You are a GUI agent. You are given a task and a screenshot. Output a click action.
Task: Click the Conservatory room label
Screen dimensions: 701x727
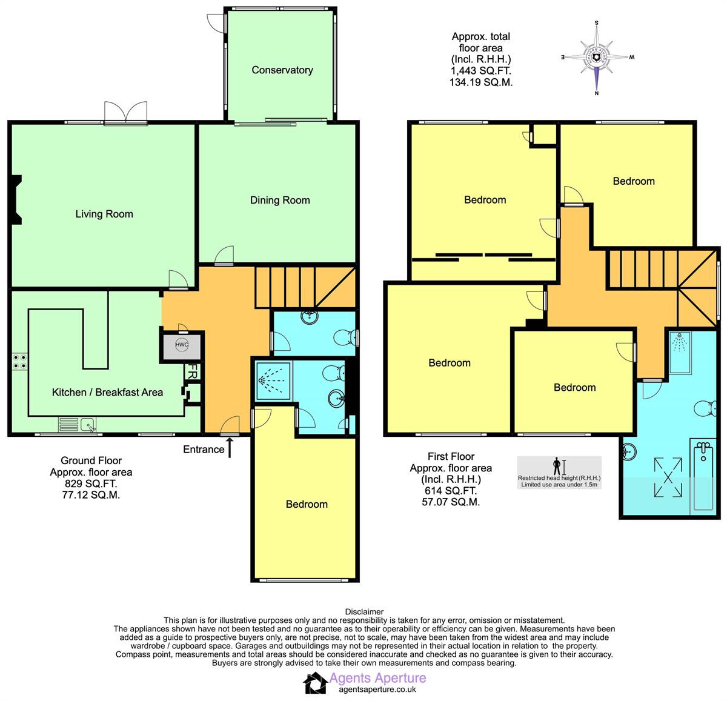point(282,70)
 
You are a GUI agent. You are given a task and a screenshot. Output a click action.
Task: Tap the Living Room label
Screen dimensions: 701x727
point(104,214)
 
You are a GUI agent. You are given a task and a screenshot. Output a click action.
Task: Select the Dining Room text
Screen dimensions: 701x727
point(280,200)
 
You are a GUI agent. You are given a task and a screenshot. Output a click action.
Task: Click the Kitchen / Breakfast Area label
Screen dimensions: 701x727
point(107,392)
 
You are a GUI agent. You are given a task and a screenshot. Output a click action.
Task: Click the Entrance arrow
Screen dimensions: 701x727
point(230,448)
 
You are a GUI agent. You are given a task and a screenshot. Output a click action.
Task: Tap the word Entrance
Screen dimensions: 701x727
point(204,450)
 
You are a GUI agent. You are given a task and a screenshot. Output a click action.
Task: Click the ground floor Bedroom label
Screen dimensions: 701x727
point(307,504)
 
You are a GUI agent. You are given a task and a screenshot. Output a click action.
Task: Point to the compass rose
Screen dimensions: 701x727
point(597,58)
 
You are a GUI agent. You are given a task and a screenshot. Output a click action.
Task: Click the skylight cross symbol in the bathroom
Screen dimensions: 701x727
point(668,477)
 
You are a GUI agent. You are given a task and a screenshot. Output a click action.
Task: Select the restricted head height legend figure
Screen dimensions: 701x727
point(557,467)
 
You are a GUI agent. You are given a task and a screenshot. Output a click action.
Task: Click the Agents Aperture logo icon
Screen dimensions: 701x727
point(315,683)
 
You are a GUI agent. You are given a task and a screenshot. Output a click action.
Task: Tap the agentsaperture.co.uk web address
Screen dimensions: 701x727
point(377,689)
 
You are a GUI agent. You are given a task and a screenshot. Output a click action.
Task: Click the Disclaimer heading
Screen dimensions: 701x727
point(364,612)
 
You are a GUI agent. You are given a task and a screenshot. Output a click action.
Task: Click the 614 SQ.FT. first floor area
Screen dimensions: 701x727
point(451,491)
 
